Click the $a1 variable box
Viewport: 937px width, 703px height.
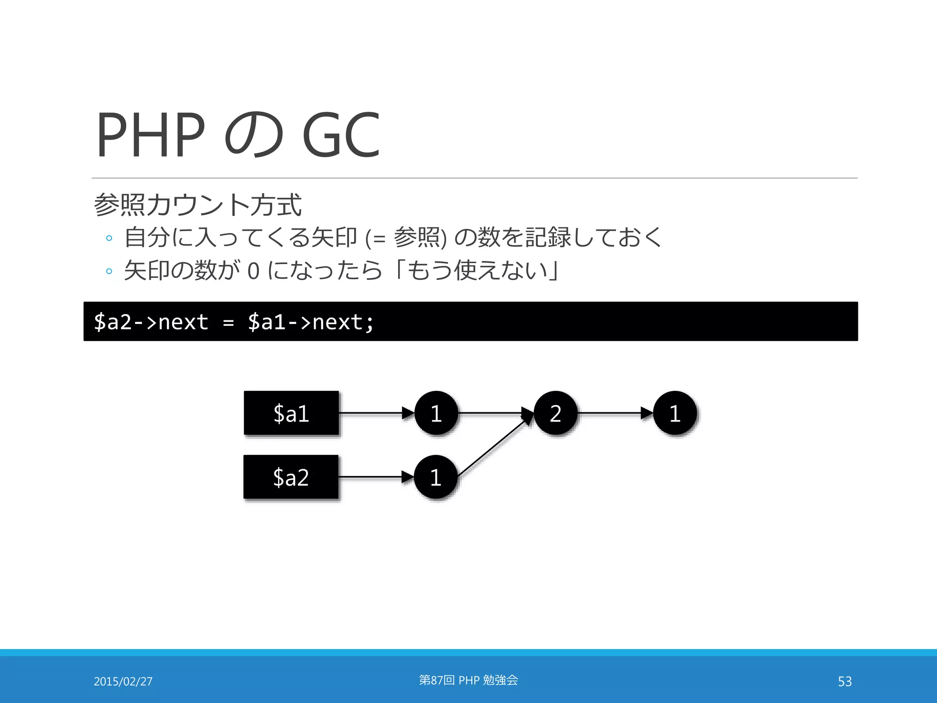click(x=291, y=413)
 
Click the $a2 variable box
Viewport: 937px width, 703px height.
click(x=291, y=477)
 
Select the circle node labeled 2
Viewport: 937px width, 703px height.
click(x=555, y=413)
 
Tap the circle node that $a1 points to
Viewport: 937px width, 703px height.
click(x=436, y=413)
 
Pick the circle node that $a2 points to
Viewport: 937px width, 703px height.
click(x=436, y=477)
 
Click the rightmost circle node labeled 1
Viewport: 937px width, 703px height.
click(x=675, y=413)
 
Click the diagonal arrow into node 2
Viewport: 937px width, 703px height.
click(x=494, y=446)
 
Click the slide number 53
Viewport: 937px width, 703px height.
click(x=845, y=681)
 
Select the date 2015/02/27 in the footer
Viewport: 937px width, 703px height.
click(x=123, y=681)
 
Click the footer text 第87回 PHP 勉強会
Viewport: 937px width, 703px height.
click(x=468, y=680)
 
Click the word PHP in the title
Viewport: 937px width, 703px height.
click(x=151, y=135)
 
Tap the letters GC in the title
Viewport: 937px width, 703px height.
click(x=341, y=135)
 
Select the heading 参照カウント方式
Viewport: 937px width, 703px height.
click(x=198, y=205)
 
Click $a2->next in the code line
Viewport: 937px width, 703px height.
click(x=151, y=322)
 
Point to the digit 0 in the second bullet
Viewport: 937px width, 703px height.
click(x=253, y=271)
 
